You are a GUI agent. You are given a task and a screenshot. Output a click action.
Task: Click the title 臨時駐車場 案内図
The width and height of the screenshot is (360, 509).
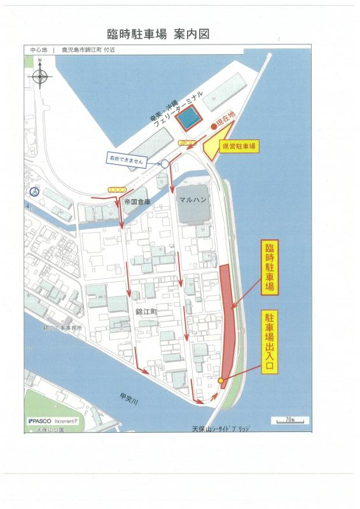[x=158, y=34]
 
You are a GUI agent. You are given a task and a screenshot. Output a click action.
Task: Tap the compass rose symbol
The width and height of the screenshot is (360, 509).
[x=40, y=74]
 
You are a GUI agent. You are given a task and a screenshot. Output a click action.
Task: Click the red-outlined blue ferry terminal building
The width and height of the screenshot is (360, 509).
[x=188, y=118]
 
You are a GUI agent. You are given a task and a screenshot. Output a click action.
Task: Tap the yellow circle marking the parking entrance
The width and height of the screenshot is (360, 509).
[x=221, y=380]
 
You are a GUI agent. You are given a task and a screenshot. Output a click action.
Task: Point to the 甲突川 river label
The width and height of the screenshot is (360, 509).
[x=129, y=398]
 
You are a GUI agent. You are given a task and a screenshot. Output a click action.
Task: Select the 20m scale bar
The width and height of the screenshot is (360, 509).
[x=290, y=420]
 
